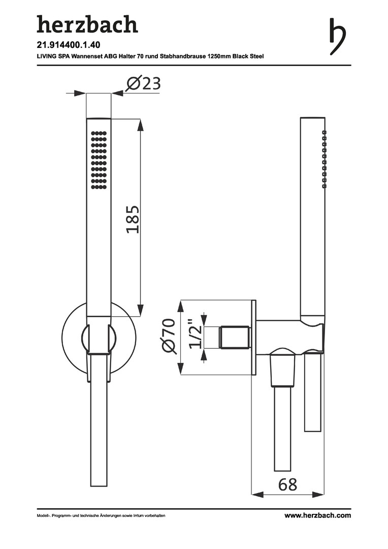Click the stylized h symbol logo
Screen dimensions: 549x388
click(x=337, y=37)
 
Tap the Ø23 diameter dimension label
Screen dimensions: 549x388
click(x=143, y=83)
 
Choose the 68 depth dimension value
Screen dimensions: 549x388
click(x=287, y=485)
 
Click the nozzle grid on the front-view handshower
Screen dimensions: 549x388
click(x=99, y=160)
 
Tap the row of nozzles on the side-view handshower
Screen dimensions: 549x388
click(x=324, y=159)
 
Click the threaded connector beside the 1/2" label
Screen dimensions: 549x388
click(x=235, y=338)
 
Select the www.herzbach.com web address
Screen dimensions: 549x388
click(x=317, y=515)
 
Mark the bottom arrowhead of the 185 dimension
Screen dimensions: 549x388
click(x=141, y=310)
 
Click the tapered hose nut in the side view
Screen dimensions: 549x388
click(x=282, y=370)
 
